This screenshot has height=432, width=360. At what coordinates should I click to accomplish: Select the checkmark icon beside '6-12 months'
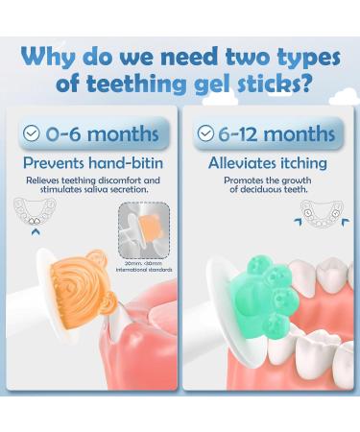click(x=205, y=134)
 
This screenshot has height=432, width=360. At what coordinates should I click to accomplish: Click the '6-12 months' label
click(x=268, y=134)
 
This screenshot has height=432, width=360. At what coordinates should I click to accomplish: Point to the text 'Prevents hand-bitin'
click(x=94, y=163)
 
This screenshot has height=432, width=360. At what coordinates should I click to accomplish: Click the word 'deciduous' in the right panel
click(x=252, y=189)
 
